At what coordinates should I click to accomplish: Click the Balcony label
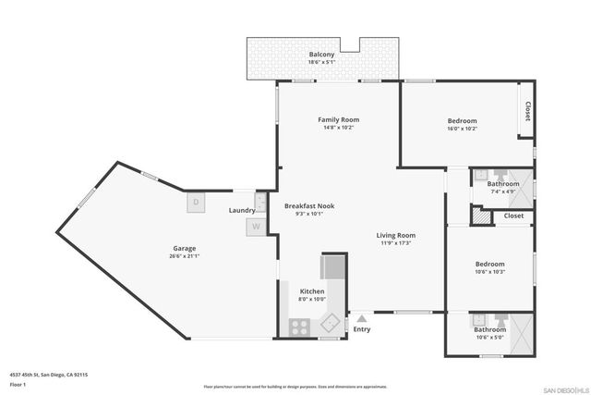click(x=321, y=55)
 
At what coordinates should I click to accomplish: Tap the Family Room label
click(x=338, y=119)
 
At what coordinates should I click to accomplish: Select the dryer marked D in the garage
click(x=196, y=203)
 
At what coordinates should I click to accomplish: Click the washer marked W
click(x=255, y=225)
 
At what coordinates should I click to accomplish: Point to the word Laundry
click(x=242, y=211)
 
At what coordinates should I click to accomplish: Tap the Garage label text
click(x=184, y=248)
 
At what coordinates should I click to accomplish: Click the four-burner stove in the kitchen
click(x=301, y=327)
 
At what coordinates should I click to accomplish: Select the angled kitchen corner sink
click(x=330, y=324)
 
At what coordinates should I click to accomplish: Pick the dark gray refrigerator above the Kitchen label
click(x=332, y=267)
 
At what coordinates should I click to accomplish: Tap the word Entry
click(x=362, y=329)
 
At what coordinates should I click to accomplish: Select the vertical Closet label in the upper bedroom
click(x=527, y=112)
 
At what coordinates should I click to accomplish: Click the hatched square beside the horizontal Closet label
click(x=478, y=216)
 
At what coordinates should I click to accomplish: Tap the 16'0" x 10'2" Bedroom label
click(x=462, y=121)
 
